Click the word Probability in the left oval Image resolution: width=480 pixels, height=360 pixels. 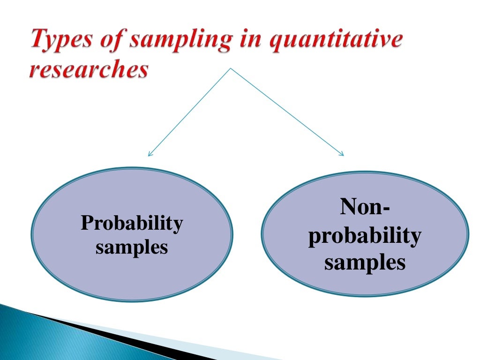(132, 224)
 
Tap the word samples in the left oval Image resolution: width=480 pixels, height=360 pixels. (132, 247)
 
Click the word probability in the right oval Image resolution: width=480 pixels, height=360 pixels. (365, 236)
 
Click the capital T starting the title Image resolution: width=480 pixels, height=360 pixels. (39, 40)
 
